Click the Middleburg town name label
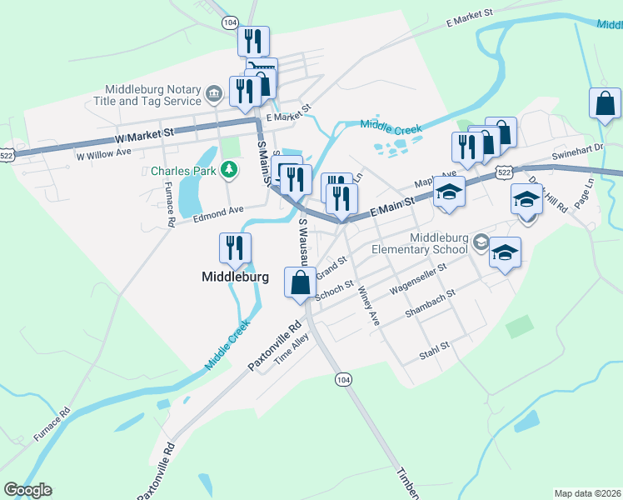[236, 277]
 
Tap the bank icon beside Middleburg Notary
[214, 92]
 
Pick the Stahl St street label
[435, 345]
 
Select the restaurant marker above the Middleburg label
[236, 248]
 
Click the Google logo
[27, 490]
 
